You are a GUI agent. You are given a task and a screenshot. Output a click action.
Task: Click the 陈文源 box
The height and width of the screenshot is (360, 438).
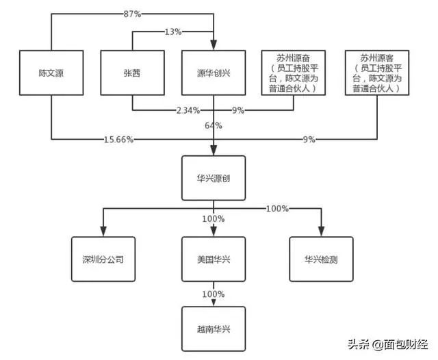[x=51, y=71]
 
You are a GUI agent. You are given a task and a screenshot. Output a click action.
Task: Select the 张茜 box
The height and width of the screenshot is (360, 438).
[x=132, y=71]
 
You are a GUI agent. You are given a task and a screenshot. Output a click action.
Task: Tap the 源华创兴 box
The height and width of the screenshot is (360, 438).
[x=214, y=71]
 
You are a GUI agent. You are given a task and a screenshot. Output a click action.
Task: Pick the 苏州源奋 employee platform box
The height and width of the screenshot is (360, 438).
[x=294, y=71]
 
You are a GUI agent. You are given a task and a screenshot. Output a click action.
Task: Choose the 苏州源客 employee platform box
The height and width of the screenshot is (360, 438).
[x=376, y=71]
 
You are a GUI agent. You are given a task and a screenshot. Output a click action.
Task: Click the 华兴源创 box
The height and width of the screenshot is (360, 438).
[x=214, y=177]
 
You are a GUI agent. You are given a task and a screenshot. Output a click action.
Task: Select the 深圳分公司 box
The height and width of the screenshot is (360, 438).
[x=103, y=259]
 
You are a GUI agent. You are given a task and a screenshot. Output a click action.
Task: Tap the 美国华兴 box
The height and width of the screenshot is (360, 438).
[x=214, y=259]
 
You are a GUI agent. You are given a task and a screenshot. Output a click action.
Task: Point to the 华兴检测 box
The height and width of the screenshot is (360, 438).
[x=322, y=259]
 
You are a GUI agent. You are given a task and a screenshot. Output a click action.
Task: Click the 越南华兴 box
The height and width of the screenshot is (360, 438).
[x=214, y=329]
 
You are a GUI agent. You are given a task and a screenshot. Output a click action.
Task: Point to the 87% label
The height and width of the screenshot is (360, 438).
[x=131, y=13]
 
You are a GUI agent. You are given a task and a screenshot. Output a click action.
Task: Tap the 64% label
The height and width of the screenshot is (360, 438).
[x=214, y=125]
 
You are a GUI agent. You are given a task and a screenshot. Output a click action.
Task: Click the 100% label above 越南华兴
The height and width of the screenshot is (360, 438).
[x=214, y=294]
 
